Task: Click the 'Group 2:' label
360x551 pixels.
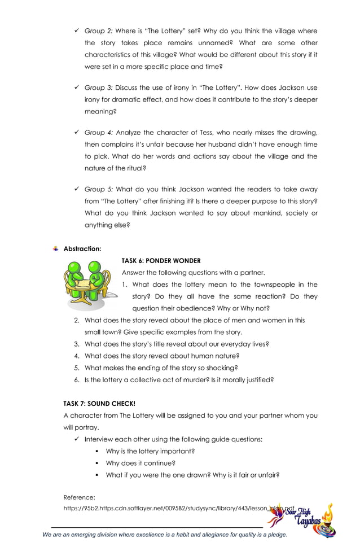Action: coord(98,31)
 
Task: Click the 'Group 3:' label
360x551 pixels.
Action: coord(98,88)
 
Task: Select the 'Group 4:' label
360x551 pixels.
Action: coord(98,133)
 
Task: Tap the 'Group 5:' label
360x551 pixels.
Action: coord(98,190)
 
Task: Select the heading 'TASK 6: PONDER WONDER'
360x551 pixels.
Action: coord(161,261)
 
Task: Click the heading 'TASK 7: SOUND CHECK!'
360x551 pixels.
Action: coord(99,404)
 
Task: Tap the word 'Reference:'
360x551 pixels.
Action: coord(79,497)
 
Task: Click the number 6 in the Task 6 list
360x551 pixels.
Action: coord(76,380)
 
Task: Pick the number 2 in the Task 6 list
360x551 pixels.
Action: coord(76,320)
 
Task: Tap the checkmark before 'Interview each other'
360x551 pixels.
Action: coord(76,439)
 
